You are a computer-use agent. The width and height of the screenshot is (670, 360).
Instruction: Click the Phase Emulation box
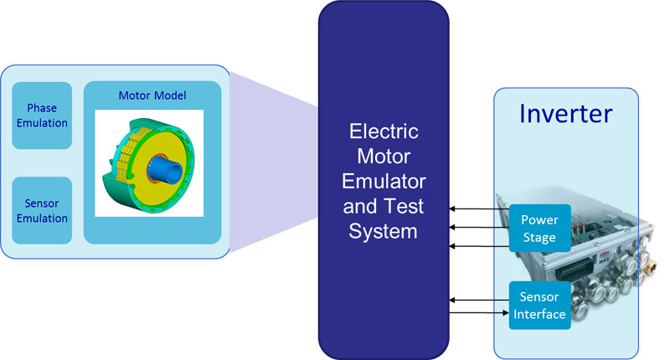(x=42, y=116)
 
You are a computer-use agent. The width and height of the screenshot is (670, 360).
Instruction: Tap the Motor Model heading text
(x=152, y=95)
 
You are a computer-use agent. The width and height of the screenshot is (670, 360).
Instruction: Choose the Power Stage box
(x=539, y=229)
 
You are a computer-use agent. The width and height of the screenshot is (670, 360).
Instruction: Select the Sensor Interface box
(x=539, y=306)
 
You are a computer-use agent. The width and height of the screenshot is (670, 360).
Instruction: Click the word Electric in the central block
(x=384, y=132)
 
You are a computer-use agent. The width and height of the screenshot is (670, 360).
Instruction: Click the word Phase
(x=42, y=109)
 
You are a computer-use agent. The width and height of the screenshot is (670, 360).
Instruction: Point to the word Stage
(x=539, y=236)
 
